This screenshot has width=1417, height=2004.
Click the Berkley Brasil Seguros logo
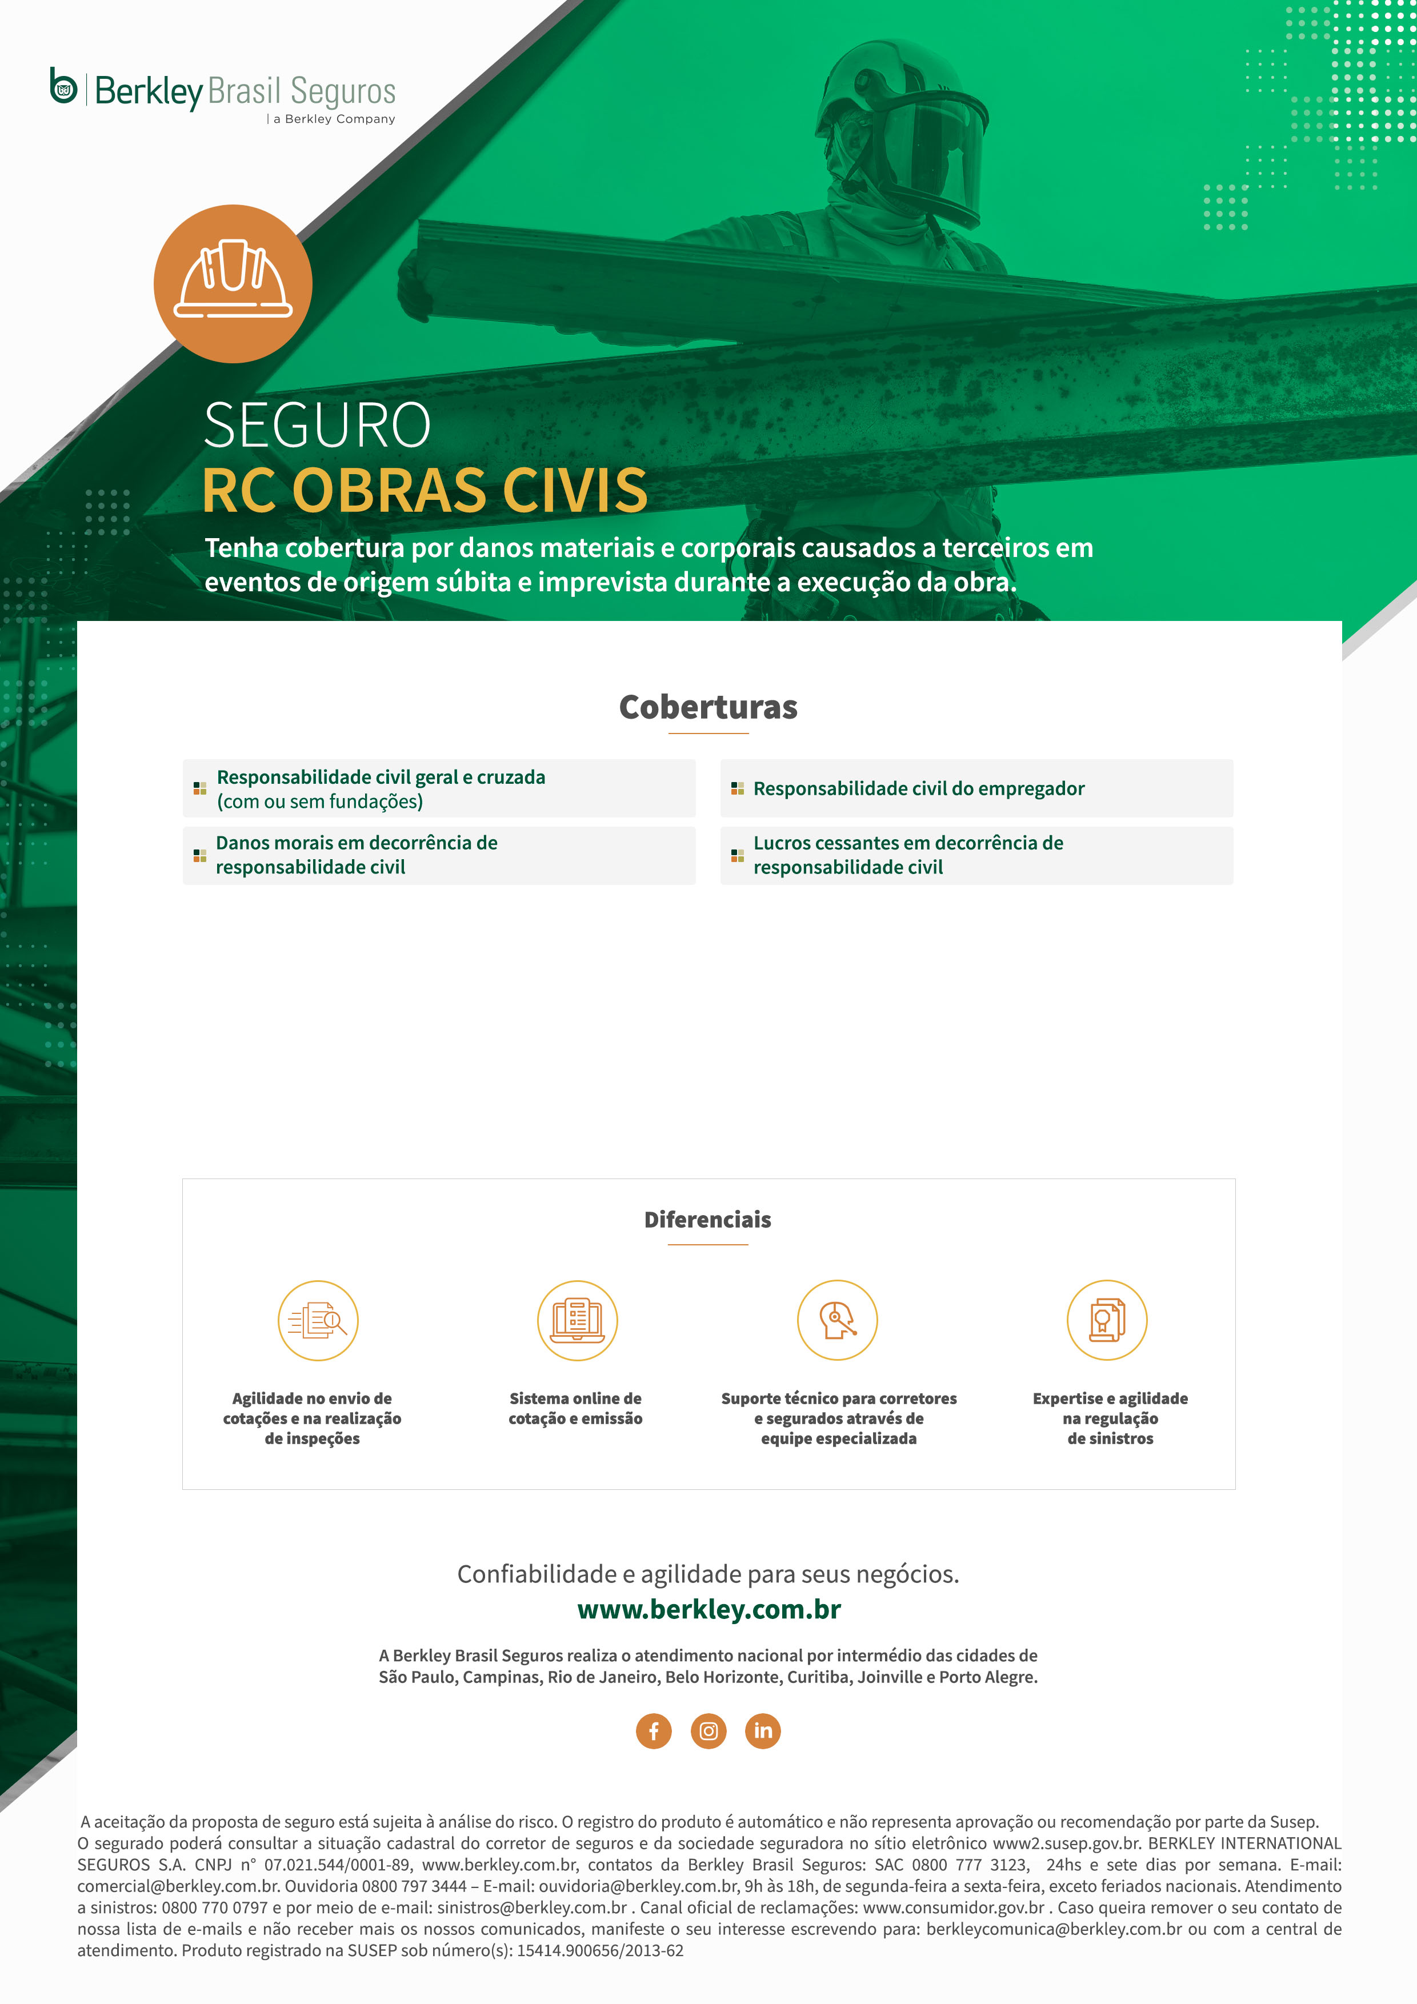tap(223, 91)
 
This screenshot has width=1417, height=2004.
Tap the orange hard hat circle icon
tap(233, 284)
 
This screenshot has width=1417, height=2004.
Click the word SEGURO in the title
tap(317, 426)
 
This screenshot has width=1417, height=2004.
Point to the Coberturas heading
tap(708, 707)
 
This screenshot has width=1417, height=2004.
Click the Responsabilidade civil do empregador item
tap(918, 789)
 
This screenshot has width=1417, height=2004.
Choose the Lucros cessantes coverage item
tap(908, 855)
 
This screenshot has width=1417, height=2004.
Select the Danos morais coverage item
tap(356, 855)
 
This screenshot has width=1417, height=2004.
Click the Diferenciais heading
tap(707, 1219)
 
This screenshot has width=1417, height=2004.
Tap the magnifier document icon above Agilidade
tap(318, 1321)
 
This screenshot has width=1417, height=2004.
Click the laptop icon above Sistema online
tap(577, 1321)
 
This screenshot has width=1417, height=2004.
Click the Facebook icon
tap(654, 1731)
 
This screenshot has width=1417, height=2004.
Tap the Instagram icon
tap(708, 1731)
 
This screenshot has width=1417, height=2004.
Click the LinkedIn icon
tap(762, 1731)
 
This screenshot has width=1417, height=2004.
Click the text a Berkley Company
tap(334, 119)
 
